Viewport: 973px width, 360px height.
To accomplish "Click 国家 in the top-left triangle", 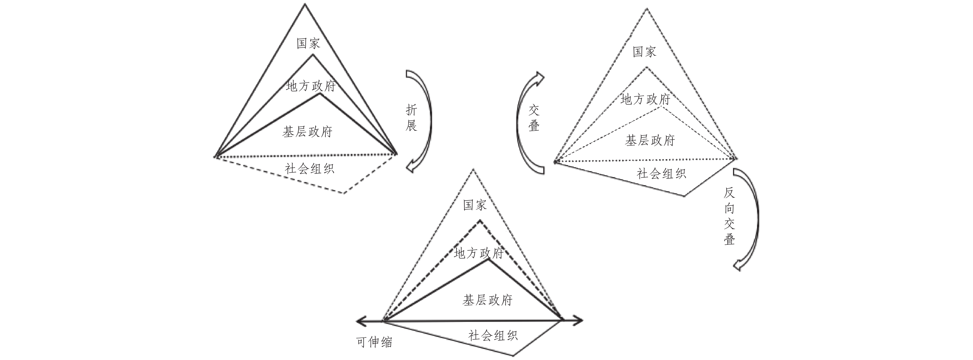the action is [308, 43].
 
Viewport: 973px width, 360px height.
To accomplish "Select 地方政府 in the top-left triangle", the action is [311, 86].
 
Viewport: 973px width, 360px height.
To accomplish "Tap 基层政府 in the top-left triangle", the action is [307, 132].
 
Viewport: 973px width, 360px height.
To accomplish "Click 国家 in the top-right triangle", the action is [644, 52].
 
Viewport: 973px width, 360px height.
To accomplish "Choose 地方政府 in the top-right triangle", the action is [645, 100].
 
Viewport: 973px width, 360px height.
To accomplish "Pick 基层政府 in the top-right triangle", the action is [650, 141].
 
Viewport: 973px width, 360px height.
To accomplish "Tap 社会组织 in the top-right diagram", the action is [661, 173].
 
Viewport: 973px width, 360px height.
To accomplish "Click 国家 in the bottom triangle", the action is [475, 205].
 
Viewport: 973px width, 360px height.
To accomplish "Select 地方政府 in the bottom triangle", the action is [478, 253].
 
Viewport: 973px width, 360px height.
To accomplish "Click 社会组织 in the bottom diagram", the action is [493, 335].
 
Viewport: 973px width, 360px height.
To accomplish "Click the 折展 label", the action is [411, 118].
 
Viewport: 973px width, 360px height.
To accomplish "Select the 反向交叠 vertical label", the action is [729, 216].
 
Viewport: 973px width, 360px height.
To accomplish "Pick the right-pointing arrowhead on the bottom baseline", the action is [578, 321].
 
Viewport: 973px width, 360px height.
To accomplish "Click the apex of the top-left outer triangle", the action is [305, 5].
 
